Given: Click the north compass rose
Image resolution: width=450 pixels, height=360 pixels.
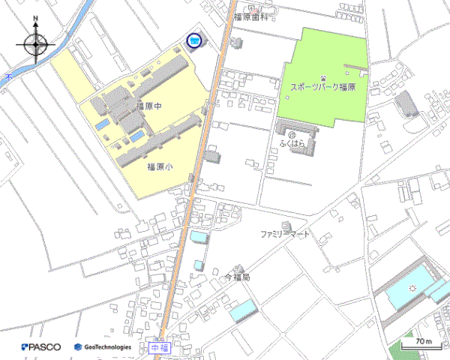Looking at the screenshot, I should coord(36,44).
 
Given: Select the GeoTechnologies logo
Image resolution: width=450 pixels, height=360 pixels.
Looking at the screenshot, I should coord(103,347).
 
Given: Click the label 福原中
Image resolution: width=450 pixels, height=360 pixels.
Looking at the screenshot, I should coord(148,106).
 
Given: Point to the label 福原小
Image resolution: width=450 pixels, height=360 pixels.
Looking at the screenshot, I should coord(159,167).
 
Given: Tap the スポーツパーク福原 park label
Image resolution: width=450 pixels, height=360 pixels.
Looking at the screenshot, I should coord(322,88).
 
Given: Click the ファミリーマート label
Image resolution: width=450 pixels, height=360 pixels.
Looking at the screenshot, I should coord(284,235).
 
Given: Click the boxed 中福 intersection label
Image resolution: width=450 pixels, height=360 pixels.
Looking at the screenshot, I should coord(159,348).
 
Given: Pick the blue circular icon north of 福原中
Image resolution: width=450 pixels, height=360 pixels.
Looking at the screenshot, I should coord(194,40).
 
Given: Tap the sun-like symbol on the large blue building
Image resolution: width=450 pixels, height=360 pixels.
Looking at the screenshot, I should coord(411,288).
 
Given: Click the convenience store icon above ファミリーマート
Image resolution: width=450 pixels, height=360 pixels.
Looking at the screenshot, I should coord(284,225).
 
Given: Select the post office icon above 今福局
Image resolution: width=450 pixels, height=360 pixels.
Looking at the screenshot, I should coord(238,268).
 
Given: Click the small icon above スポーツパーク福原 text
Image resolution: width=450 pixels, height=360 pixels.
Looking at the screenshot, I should coord(323,77).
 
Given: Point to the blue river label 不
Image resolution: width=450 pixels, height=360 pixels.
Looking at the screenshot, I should coord(7,76).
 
